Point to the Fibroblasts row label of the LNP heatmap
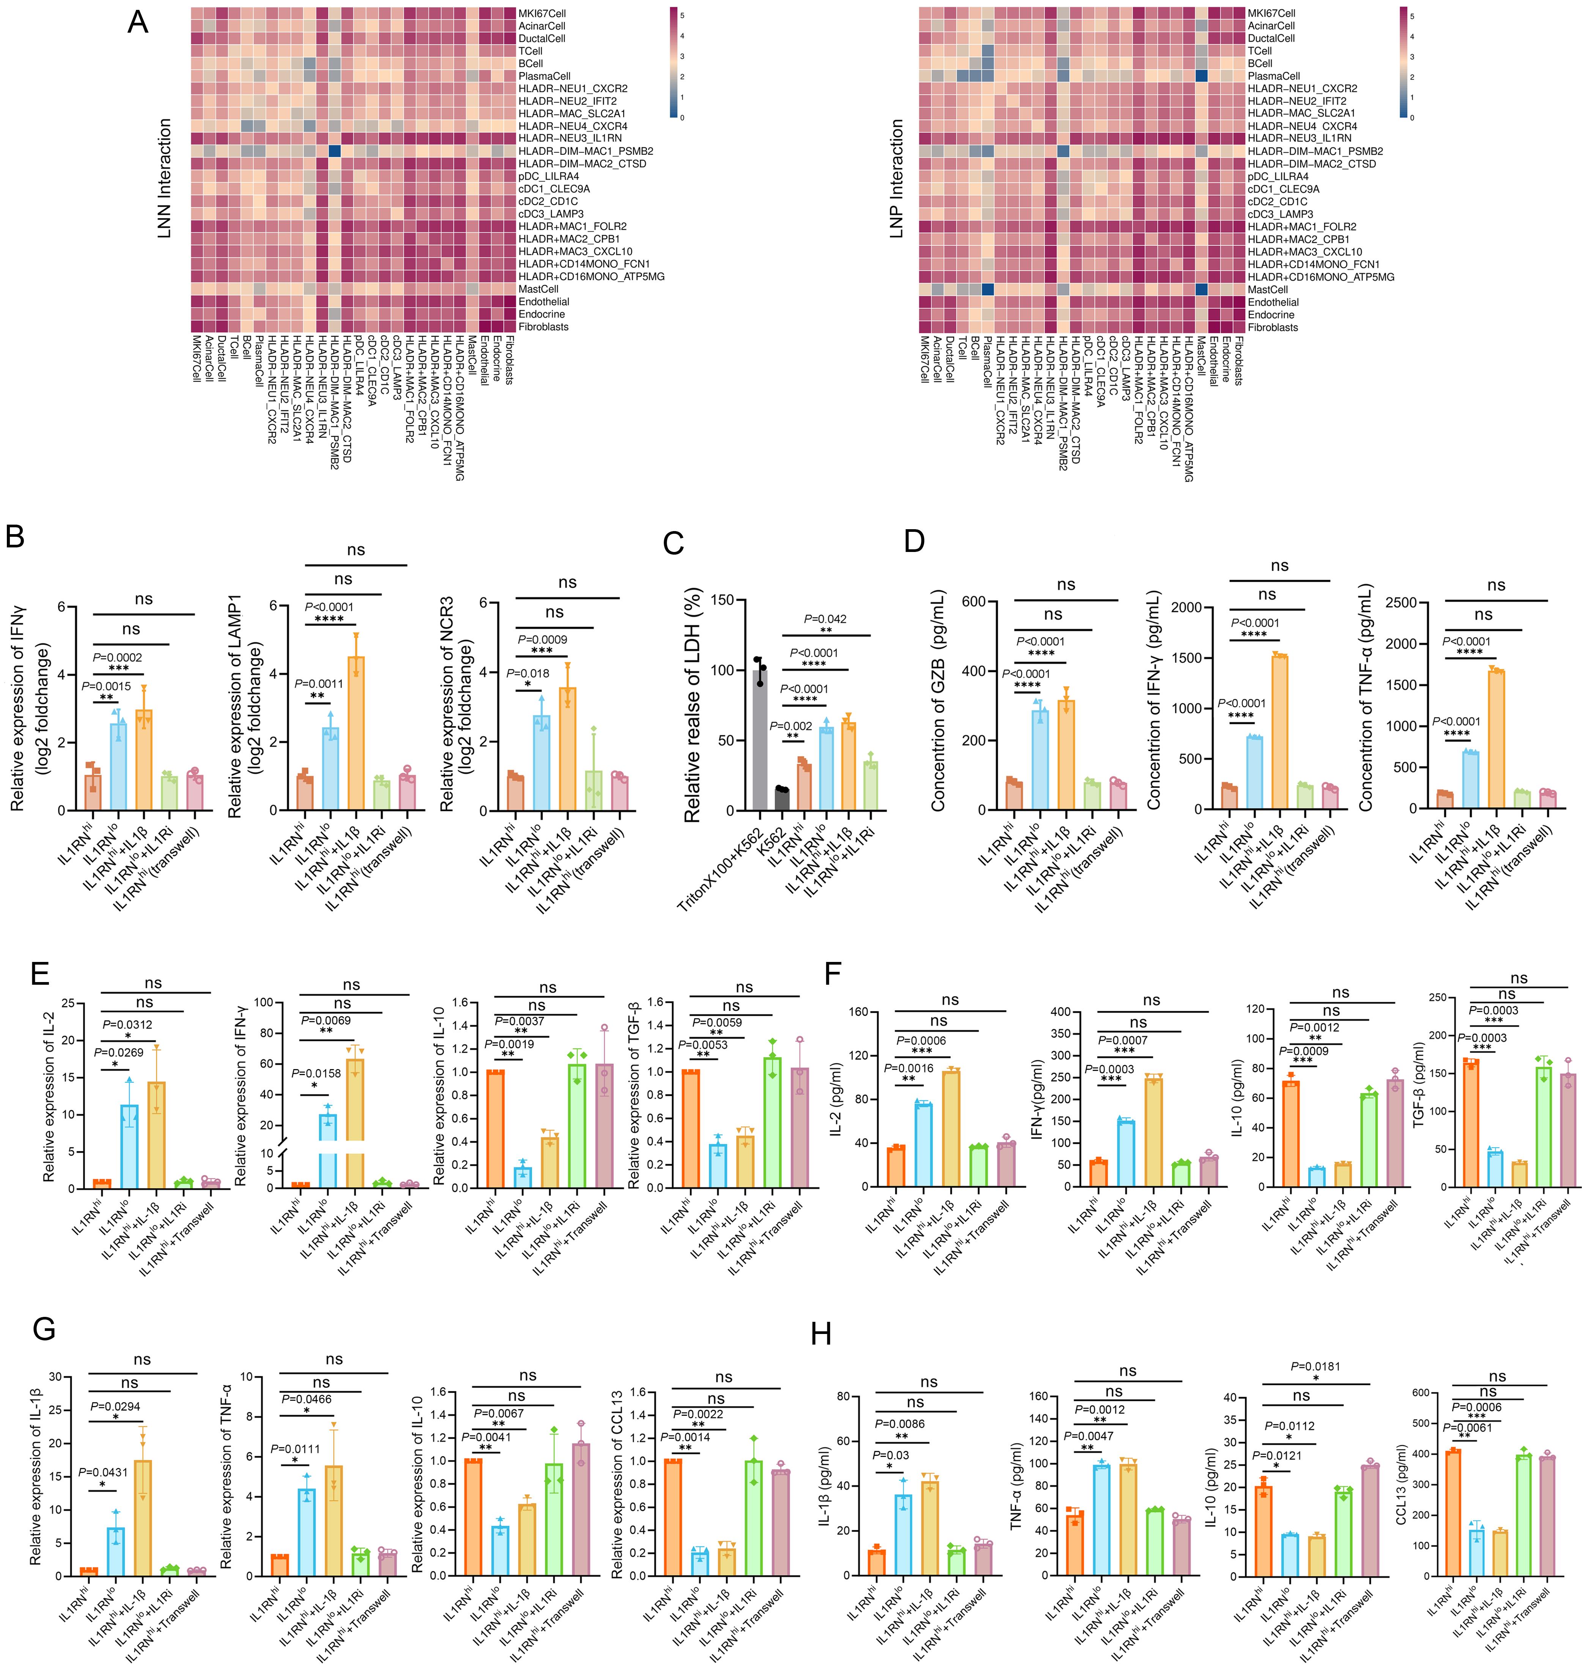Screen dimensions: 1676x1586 (1273, 327)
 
